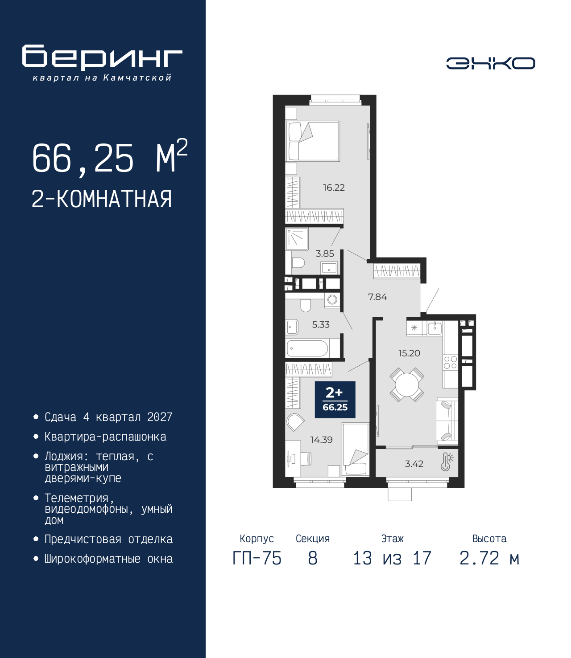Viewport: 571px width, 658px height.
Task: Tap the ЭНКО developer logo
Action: pyautogui.click(x=490, y=63)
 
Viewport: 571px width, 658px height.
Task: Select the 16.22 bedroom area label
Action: pyautogui.click(x=334, y=188)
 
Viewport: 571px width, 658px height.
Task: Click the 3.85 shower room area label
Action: pyautogui.click(x=325, y=254)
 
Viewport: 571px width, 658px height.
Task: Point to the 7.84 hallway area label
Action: pyautogui.click(x=377, y=297)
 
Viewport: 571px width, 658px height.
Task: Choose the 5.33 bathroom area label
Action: pyautogui.click(x=321, y=325)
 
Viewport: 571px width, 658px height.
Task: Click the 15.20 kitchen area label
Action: pyautogui.click(x=410, y=353)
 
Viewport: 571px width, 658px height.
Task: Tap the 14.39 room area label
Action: pyautogui.click(x=321, y=440)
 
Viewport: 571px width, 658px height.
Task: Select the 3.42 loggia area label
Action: pyautogui.click(x=414, y=464)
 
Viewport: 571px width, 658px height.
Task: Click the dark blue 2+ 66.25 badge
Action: pyautogui.click(x=335, y=400)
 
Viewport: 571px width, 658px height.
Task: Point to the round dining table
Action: pyautogui.click(x=407, y=385)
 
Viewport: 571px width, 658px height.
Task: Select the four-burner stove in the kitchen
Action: pyautogui.click(x=451, y=362)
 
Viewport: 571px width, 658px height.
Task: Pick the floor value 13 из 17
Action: pyautogui.click(x=392, y=558)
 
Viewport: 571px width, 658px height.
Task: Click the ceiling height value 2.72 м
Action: pyautogui.click(x=489, y=558)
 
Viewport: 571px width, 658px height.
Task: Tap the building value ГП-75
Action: pyautogui.click(x=257, y=558)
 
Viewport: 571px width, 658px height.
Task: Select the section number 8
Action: pyautogui.click(x=313, y=558)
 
